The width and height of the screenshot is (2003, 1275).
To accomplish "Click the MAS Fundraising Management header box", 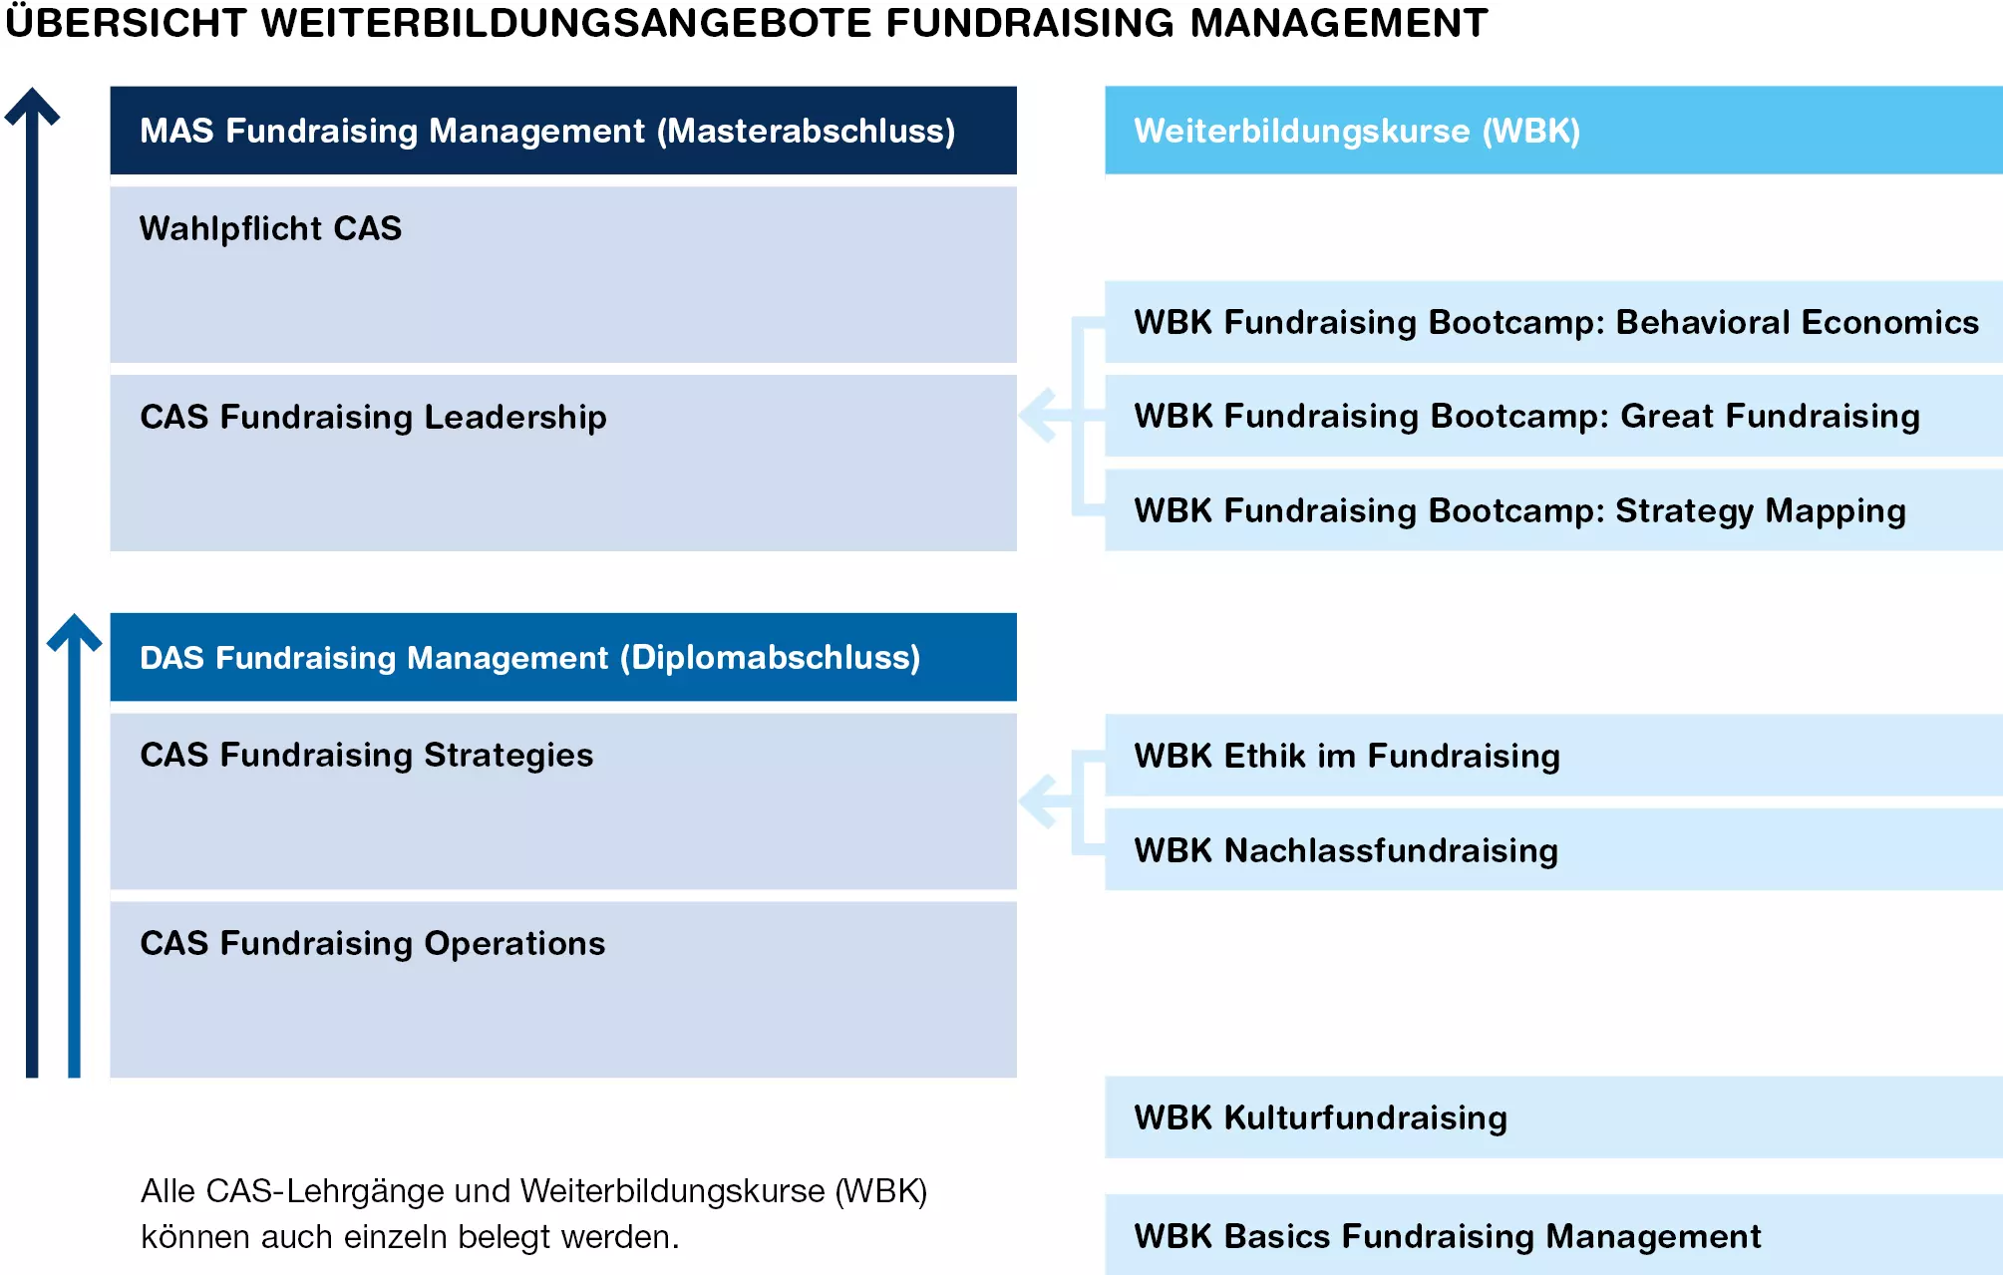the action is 563,131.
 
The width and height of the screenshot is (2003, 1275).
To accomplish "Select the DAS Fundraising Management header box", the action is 563,657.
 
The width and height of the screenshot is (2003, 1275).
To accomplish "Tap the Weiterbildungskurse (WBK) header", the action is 1553,131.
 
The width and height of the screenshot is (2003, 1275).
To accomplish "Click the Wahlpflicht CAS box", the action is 563,274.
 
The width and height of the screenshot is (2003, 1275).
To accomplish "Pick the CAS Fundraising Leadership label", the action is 373,417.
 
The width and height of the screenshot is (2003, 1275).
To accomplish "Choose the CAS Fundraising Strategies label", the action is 366,755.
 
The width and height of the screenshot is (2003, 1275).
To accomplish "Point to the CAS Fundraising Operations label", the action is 372,943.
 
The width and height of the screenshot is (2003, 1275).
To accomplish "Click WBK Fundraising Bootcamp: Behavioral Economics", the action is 1553,322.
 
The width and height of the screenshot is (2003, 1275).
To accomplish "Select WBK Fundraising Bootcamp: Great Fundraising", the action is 1553,416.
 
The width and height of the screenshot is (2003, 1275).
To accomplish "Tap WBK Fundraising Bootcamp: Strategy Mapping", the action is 1553,510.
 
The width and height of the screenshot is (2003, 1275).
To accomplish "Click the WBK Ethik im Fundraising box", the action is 1553,756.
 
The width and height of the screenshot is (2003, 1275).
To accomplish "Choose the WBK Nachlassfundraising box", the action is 1553,849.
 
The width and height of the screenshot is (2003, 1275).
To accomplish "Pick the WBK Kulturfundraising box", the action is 1553,1117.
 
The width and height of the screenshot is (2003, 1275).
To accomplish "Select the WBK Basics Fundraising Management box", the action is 1553,1235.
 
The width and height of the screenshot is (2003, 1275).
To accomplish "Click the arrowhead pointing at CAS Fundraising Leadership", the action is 1037,416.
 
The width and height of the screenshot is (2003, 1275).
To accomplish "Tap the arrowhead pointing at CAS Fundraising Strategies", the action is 1037,801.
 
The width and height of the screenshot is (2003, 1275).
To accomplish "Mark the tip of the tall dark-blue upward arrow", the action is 32,88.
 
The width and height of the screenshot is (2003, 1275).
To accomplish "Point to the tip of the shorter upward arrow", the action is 74,614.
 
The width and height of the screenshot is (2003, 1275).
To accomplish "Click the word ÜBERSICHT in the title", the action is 126,22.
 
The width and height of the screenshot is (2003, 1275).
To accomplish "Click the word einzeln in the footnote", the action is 396,1237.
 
